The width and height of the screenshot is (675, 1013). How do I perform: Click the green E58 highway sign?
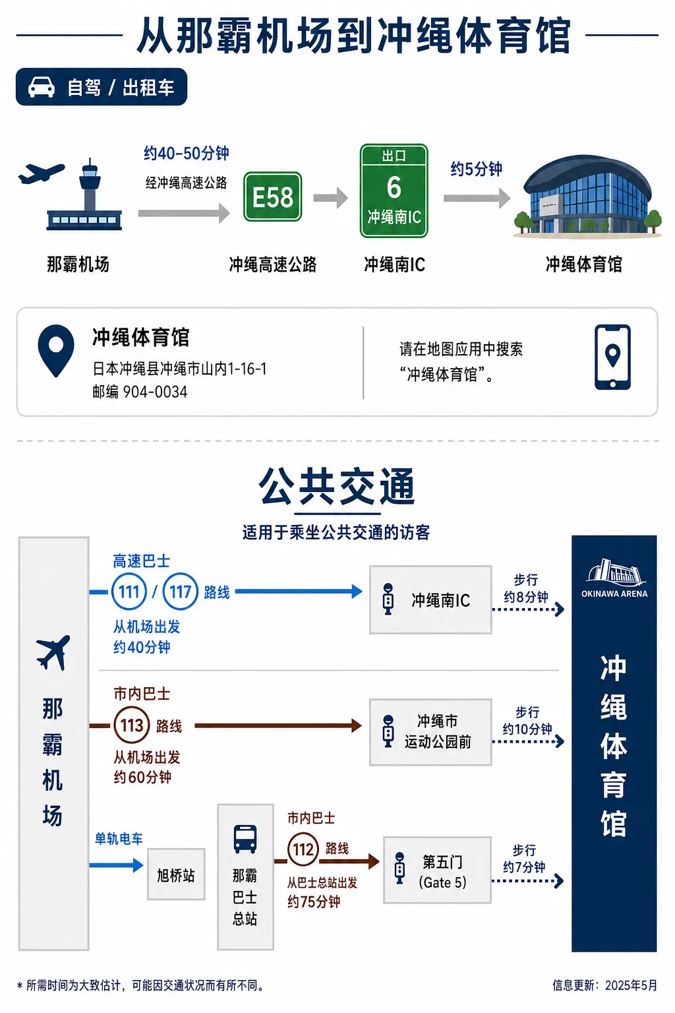pos(273,197)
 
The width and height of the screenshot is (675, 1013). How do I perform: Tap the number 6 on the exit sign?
pos(394,187)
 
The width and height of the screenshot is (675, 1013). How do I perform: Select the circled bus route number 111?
pos(129,592)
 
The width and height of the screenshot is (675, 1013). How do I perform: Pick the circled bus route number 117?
pos(180,592)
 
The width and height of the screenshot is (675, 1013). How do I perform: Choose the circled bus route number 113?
pos(132,725)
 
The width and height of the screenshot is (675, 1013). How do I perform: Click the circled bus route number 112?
pos(303,849)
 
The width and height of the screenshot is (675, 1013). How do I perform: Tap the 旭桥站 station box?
pos(176,875)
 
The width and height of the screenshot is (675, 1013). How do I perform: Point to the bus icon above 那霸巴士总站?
pos(245,839)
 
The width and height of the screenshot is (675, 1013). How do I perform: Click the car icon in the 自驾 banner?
pos(41,87)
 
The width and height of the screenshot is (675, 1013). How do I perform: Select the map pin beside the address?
pos(55,351)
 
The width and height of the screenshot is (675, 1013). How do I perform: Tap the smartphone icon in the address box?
pos(612,357)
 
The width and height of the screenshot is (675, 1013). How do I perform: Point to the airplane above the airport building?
pos(41,173)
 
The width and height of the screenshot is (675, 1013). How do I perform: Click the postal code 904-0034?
pos(155,392)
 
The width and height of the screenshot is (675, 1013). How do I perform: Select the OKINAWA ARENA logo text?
pos(614,594)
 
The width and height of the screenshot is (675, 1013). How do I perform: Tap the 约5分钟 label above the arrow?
pos(476,169)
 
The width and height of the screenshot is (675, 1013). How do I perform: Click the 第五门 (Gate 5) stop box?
pos(437,870)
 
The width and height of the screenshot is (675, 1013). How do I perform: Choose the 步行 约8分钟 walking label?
pos(526,588)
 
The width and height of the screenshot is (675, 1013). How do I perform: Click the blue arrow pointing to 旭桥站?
pos(116,865)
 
